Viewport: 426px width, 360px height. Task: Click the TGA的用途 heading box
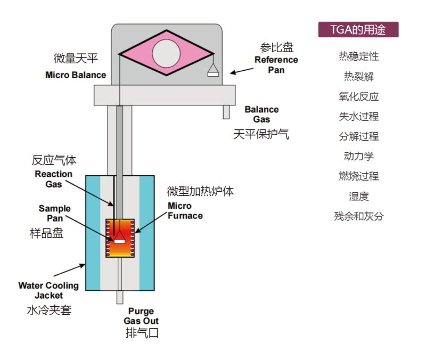(x=358, y=30)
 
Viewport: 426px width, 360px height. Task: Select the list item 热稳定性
(x=358, y=56)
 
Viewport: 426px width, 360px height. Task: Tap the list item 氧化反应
(x=358, y=96)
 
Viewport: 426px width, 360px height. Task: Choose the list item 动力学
(x=358, y=156)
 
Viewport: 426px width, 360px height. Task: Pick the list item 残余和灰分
(x=358, y=216)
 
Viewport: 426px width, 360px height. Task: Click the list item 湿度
(x=358, y=197)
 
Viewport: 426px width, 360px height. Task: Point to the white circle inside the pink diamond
(x=166, y=53)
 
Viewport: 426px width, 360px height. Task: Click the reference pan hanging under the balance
(x=213, y=72)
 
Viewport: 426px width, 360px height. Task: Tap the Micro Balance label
(x=76, y=75)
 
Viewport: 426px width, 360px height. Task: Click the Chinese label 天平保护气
(x=261, y=134)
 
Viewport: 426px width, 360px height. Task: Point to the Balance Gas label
(x=261, y=114)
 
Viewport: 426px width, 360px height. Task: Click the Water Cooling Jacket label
(x=48, y=290)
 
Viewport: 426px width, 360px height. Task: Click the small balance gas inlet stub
(x=226, y=112)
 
